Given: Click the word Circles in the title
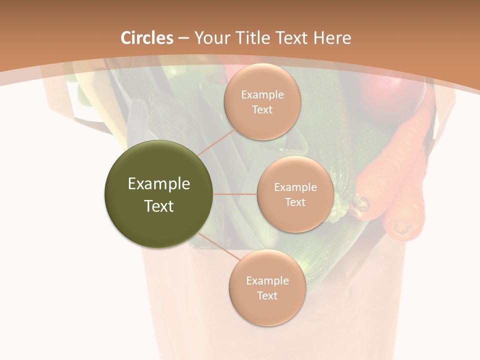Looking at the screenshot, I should [x=147, y=38].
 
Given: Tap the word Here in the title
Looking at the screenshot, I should [x=332, y=38].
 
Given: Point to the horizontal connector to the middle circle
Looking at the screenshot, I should [x=235, y=194].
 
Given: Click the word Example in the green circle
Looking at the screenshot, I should [x=159, y=184].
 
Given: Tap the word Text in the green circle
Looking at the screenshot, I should [x=159, y=206].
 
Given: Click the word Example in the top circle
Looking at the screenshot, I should [x=262, y=95].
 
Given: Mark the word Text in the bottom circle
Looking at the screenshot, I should [x=267, y=295].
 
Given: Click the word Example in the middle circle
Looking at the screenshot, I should [x=295, y=187].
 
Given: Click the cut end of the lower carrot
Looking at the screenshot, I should [x=401, y=227].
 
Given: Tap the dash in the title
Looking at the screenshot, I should [x=183, y=38].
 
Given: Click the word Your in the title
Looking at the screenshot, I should [x=210, y=38].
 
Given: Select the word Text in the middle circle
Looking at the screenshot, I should [x=295, y=202].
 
